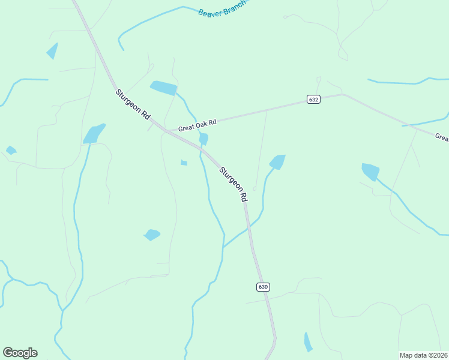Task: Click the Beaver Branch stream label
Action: pos(222,8)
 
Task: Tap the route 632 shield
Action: pos(313,99)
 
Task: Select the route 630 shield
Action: pos(263,287)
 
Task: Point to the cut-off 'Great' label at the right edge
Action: pos(442,137)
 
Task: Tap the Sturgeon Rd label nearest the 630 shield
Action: pos(234,184)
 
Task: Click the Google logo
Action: pos(20,353)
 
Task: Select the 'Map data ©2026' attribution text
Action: pos(423,355)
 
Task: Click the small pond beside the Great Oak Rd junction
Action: pos(203,139)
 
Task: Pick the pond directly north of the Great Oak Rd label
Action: pos(163,88)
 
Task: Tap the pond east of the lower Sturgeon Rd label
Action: pos(277,161)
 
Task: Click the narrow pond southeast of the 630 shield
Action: pos(308,342)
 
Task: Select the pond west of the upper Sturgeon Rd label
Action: pos(94,134)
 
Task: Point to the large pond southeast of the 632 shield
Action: pos(370,172)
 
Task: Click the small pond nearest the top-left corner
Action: pos(53,51)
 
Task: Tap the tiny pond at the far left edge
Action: pos(11,150)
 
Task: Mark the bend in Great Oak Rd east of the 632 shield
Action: pos(342,94)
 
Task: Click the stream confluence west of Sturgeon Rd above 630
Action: pos(223,247)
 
